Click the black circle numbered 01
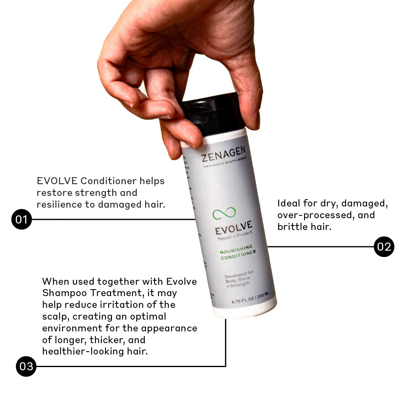point(21,219)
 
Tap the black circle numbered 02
point(384,246)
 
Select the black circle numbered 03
point(26,367)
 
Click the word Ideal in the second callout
point(289,203)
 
